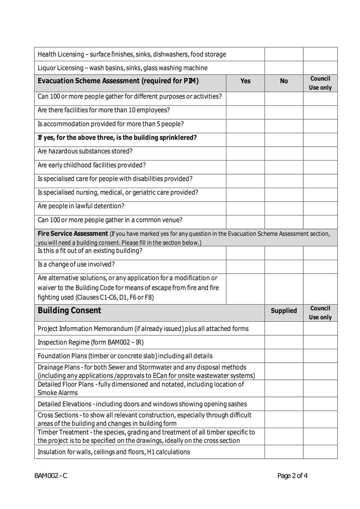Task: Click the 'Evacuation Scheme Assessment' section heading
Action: pos(118,81)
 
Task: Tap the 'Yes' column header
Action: pos(245,81)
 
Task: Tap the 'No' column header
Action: pos(284,81)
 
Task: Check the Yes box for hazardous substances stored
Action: pos(245,151)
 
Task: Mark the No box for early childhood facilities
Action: pos(284,165)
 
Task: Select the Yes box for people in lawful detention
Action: pos(245,206)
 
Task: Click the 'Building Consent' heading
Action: pos(70,311)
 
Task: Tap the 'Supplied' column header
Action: pos(284,311)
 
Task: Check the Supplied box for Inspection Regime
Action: pos(284,342)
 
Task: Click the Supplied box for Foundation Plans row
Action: pos(284,356)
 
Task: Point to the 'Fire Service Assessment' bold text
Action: pos(72,234)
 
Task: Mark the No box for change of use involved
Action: pos(284,265)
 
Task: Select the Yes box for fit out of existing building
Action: pos(245,251)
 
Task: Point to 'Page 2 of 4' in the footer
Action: pos(292,476)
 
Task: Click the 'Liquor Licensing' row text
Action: pos(122,68)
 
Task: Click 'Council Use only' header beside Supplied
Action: pos(320,312)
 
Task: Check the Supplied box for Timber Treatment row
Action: pos(284,436)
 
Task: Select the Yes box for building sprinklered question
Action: pos(245,138)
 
